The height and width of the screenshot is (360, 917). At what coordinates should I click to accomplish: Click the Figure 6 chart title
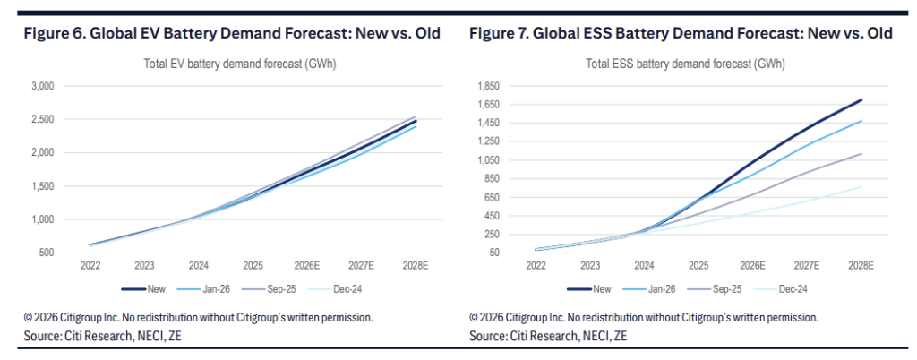coord(232,34)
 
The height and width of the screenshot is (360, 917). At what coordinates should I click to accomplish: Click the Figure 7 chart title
coord(681,34)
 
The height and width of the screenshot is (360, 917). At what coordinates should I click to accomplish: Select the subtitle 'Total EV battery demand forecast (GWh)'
coord(240,64)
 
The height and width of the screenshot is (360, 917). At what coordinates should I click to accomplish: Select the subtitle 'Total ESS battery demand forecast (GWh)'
coord(685,64)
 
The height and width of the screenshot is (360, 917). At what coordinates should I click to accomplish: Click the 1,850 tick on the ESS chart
coord(487,86)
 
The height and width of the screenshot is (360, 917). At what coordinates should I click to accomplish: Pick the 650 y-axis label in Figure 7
coord(492,197)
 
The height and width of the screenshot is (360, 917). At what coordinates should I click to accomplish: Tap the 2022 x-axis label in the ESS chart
coord(536,265)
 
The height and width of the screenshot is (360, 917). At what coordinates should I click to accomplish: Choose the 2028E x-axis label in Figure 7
coord(861,265)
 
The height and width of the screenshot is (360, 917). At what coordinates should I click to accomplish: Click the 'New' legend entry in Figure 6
coord(143,288)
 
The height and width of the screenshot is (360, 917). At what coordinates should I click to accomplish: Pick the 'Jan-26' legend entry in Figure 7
coord(655,288)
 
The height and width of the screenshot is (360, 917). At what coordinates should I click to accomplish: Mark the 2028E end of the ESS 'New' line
coord(861,100)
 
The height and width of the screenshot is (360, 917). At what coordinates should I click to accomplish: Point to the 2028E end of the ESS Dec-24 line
coord(861,187)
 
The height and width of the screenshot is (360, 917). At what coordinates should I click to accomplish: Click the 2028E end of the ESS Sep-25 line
coord(861,154)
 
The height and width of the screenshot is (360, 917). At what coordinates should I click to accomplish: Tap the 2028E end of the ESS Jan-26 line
coord(861,121)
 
